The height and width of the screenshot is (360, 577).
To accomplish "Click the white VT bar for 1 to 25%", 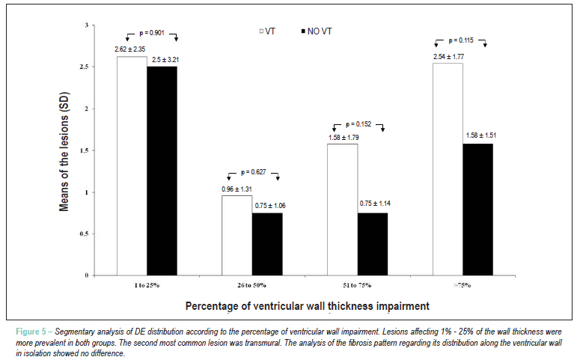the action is coord(132,165).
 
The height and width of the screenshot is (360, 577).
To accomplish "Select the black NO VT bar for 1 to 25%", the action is coord(162,171).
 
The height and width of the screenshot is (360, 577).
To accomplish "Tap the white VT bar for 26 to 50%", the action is coord(237,235).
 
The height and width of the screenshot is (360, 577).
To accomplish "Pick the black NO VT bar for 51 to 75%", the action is coord(373,244).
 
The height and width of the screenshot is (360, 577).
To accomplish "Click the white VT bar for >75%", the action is coord(448,169).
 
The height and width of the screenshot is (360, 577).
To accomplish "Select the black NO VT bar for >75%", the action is coord(477,210).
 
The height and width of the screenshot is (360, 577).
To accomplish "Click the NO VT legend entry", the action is coord(317,31).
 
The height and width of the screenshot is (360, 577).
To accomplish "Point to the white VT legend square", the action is coord(262,31).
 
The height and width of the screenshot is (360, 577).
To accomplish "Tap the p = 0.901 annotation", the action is coord(152,33).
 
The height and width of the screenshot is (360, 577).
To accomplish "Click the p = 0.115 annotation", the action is coord(461,40).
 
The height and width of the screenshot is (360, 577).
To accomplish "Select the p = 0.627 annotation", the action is coord(253,172).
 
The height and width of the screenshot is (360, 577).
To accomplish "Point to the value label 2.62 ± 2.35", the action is coord(130,49).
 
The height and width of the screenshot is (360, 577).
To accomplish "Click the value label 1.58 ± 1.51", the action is coord(481,135).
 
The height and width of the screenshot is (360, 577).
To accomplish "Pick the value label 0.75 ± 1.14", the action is coord(375,203).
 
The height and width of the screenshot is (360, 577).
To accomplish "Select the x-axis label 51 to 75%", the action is coord(357,285).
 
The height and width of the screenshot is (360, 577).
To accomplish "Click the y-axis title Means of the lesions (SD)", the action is coord(64,152).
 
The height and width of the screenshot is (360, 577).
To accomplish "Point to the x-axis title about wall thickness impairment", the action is coord(308,306).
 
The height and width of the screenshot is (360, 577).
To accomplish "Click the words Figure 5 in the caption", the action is coord(28,332).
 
